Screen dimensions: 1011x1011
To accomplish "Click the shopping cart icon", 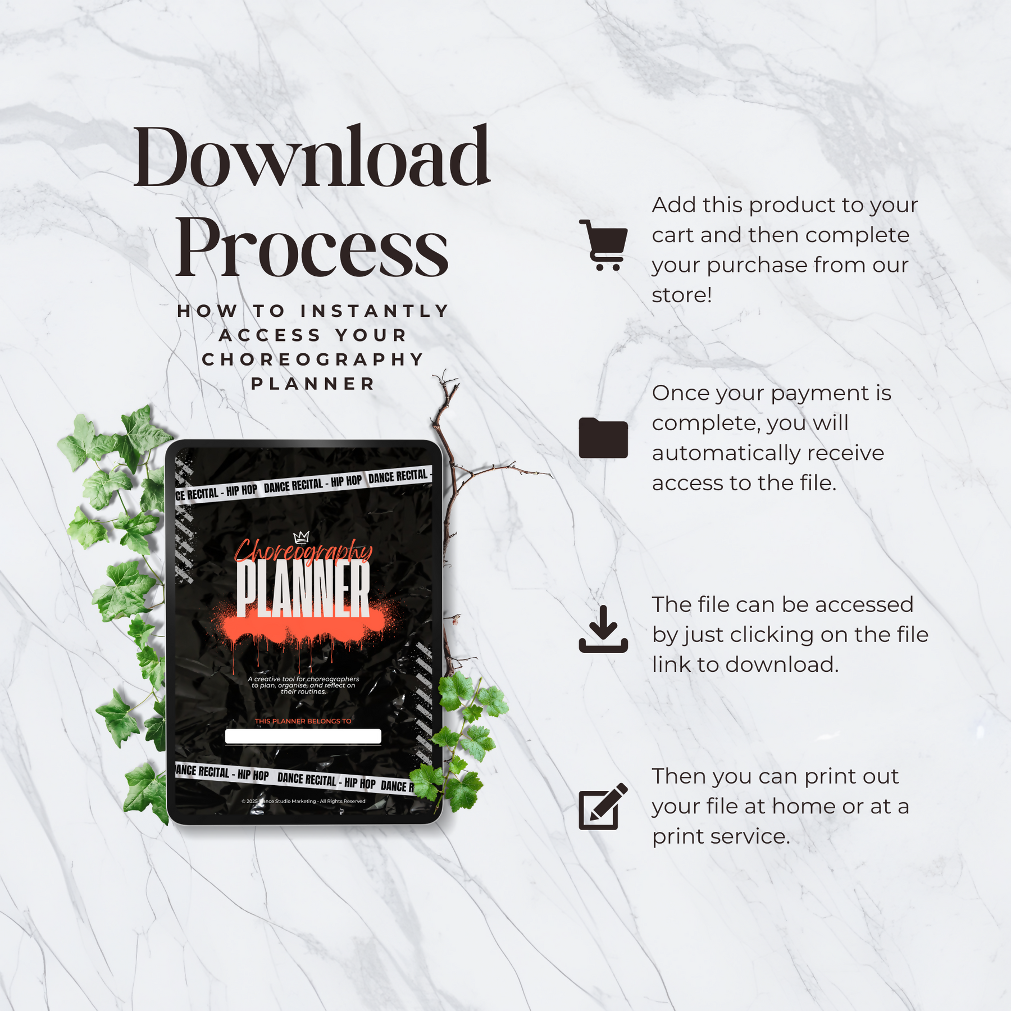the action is tap(604, 245).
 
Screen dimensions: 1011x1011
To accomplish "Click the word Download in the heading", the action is tap(312, 157).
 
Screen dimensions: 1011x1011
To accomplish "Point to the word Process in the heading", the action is tap(312, 247).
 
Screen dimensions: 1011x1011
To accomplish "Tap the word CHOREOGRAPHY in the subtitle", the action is tap(313, 359).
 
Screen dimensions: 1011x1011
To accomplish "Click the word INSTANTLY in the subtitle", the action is tap(375, 311).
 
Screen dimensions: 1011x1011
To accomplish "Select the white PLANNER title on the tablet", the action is tap(303, 589).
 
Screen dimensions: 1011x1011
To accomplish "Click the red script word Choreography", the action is tap(303, 551).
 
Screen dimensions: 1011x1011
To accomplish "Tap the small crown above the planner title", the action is tap(302, 538).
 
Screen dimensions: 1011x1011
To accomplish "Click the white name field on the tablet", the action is tap(303, 736).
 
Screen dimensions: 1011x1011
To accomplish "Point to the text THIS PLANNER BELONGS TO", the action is tap(303, 721).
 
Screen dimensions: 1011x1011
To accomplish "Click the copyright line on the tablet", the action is tap(303, 801).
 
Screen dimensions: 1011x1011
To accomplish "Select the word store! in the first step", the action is tap(682, 295).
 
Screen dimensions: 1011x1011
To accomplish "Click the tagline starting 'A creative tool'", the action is tap(303, 685).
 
